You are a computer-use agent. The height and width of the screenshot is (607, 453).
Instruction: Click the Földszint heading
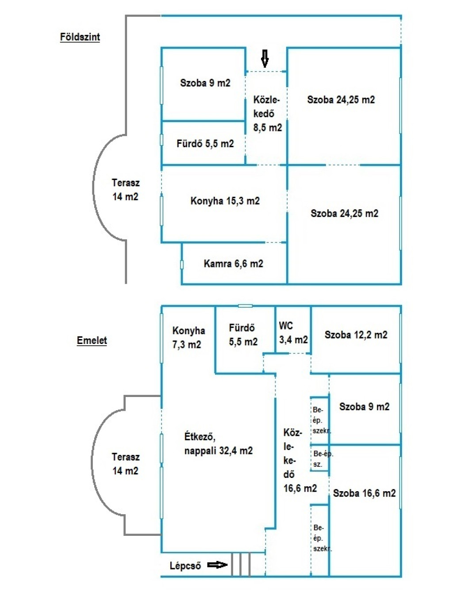tap(80, 37)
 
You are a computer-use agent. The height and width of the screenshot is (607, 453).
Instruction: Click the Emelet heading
tap(92, 340)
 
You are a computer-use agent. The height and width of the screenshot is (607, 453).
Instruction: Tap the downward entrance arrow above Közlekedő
tap(265, 58)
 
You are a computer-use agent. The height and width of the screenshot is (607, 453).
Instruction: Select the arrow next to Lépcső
tap(217, 565)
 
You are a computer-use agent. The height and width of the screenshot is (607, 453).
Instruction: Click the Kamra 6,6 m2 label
tap(233, 264)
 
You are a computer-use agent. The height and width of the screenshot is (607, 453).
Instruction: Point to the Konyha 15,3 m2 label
tap(225, 201)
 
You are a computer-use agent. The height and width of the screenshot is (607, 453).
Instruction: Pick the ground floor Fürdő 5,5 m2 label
tap(205, 144)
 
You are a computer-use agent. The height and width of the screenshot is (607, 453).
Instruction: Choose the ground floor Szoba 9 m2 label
tap(205, 83)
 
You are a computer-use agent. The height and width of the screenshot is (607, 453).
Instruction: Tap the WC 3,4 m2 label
tap(293, 333)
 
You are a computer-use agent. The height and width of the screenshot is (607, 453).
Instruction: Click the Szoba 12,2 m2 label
tap(356, 335)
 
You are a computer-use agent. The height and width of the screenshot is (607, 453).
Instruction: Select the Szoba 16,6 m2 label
tap(364, 493)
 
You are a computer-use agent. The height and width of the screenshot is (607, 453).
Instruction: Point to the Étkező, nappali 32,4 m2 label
tap(218, 444)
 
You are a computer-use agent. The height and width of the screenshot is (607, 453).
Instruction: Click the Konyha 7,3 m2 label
tap(188, 337)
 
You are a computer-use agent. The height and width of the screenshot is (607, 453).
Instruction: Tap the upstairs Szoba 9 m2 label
tap(364, 407)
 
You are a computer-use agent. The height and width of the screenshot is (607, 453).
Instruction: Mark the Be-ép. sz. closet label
tap(322, 459)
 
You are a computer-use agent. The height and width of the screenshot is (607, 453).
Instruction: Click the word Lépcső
tap(185, 566)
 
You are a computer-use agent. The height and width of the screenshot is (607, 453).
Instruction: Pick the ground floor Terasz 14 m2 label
tap(125, 190)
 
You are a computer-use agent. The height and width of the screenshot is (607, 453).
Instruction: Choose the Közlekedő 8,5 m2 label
tap(267, 114)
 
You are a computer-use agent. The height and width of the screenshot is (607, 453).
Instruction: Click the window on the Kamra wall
tap(182, 264)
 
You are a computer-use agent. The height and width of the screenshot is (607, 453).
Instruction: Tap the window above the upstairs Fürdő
tap(245, 306)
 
